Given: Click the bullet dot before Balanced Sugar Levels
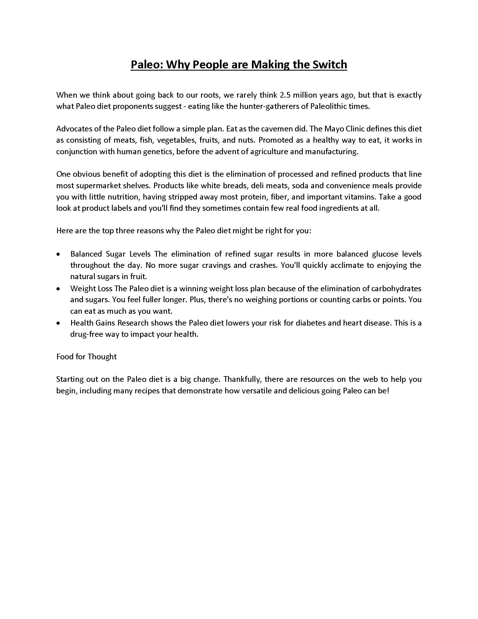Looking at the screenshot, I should pos(58,255).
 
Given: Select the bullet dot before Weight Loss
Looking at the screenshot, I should pos(58,289).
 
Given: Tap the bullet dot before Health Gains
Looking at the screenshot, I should pos(58,323).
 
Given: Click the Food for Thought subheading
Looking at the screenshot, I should pos(86,356).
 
